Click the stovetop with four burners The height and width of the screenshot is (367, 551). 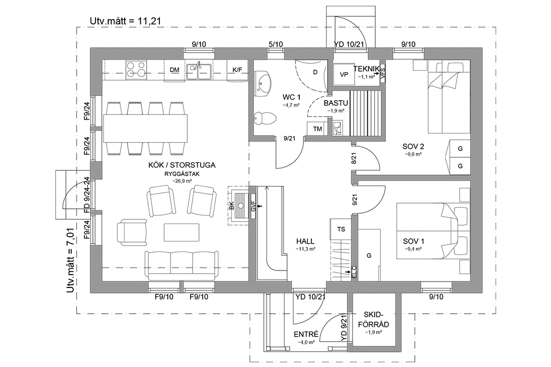point(136,70)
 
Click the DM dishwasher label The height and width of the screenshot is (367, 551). point(174,70)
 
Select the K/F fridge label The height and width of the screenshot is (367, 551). point(237,70)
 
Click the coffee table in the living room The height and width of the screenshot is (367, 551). point(182,232)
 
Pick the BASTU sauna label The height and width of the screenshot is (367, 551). point(334,103)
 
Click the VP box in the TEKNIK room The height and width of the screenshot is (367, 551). point(344,74)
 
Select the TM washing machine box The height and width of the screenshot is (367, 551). point(318,129)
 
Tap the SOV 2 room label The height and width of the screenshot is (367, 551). point(413,147)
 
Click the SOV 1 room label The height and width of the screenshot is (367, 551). point(413,241)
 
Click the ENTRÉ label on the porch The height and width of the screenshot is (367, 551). point(306,334)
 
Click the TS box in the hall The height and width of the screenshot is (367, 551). point(340,229)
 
